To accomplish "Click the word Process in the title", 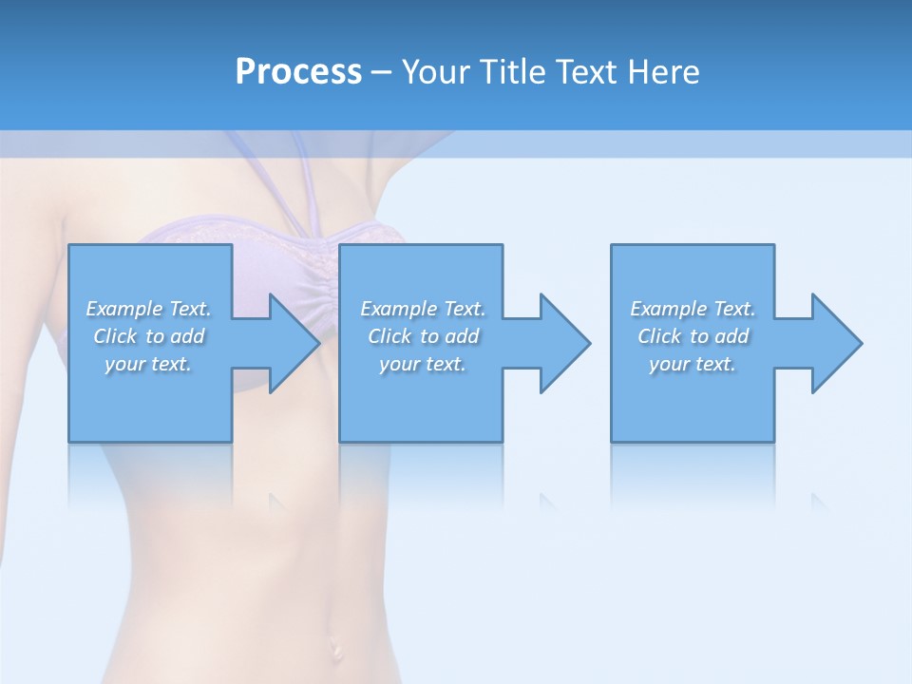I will tap(298, 72).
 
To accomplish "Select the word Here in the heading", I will tap(664, 72).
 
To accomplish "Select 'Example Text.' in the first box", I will tap(148, 309).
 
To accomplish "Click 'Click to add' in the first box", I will tap(148, 336).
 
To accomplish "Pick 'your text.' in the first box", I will tap(148, 364).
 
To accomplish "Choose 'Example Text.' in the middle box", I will tap(423, 309).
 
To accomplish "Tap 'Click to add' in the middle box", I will tap(423, 336).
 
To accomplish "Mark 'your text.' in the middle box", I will tap(423, 364).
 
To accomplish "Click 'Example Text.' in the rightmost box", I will tap(693, 309).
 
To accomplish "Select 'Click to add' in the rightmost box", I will tap(693, 336).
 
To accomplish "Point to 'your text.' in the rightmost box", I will tap(693, 364).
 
